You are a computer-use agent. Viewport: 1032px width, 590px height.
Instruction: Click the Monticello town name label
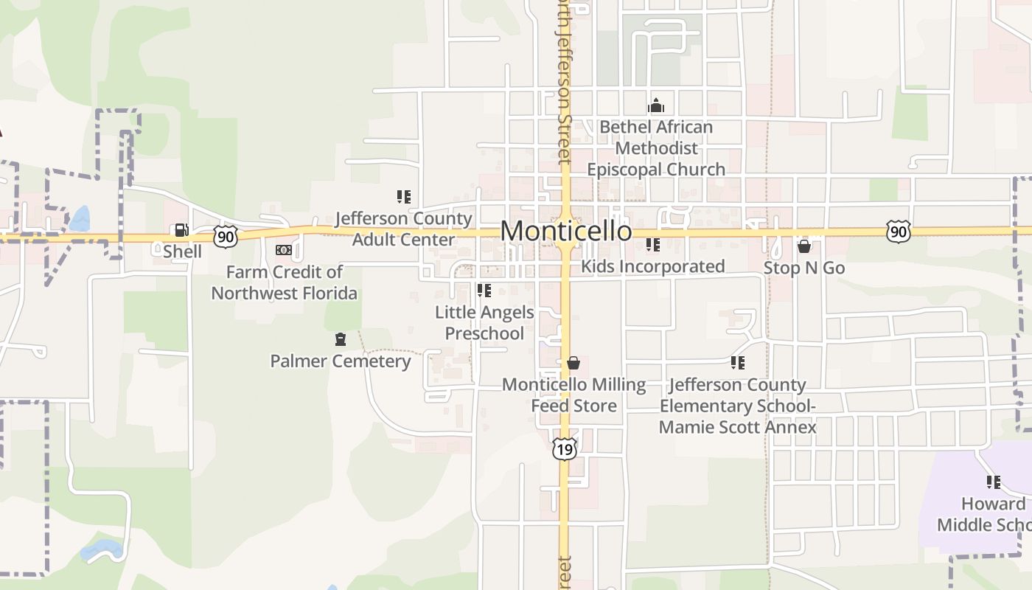click(565, 231)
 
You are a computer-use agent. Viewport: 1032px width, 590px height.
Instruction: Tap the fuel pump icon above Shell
click(181, 231)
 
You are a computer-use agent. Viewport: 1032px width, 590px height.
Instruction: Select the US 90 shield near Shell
click(226, 236)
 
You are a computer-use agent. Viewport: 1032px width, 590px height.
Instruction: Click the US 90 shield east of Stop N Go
click(899, 232)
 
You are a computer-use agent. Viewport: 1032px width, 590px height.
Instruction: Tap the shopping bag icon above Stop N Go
click(804, 246)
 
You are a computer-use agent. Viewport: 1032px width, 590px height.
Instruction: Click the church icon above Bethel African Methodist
click(655, 106)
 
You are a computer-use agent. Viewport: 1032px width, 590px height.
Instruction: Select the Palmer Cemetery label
click(340, 361)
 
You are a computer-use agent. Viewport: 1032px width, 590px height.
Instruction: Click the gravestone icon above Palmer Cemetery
click(340, 339)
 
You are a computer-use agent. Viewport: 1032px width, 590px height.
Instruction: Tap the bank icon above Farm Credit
click(284, 251)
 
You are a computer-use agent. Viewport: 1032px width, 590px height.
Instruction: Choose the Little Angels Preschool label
click(484, 323)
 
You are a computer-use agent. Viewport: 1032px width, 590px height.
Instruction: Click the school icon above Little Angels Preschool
click(484, 291)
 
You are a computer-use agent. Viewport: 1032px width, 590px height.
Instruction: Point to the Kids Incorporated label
click(653, 266)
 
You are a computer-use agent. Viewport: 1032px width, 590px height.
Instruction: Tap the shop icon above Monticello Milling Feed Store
click(573, 363)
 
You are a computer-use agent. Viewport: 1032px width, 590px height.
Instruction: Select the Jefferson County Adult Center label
click(403, 229)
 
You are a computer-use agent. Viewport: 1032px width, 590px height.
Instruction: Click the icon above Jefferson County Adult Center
click(403, 197)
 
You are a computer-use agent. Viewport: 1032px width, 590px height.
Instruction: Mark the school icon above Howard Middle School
click(993, 482)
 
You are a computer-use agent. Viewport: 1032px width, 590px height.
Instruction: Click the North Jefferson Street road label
click(564, 81)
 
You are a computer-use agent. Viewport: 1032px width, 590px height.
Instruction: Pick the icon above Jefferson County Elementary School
click(737, 363)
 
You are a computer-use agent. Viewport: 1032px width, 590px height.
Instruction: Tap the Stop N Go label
click(804, 268)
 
